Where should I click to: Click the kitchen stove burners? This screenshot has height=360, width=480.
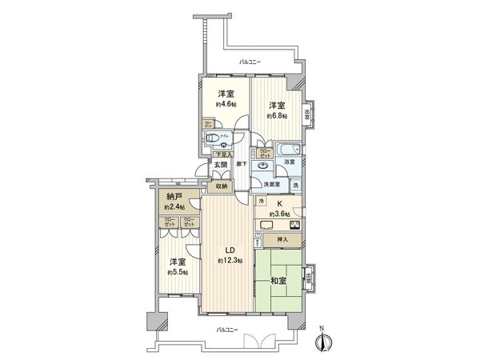click(x=294, y=225)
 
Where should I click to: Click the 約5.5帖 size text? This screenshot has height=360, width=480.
click(x=177, y=272)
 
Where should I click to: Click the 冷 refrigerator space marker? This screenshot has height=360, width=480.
click(x=261, y=202)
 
